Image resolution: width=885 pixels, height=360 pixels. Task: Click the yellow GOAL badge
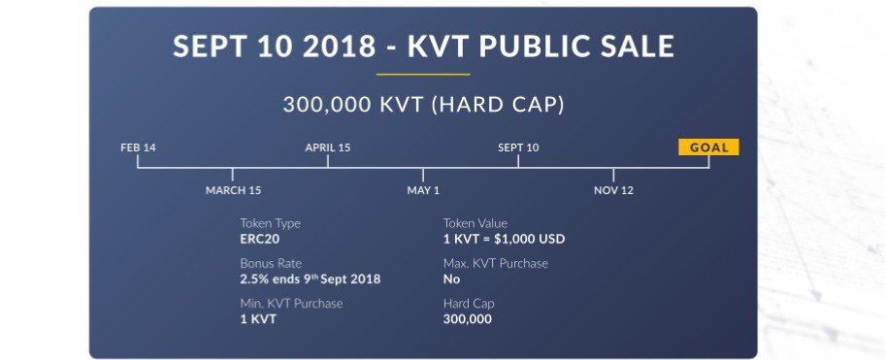(x=708, y=147)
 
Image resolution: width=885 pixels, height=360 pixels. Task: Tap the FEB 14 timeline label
(x=138, y=147)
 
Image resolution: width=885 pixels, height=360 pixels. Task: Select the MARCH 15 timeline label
(x=233, y=190)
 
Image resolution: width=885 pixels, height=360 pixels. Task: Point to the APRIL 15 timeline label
(x=328, y=147)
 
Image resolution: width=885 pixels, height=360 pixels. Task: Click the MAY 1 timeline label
(x=423, y=190)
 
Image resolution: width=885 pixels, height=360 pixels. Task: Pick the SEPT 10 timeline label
(x=518, y=147)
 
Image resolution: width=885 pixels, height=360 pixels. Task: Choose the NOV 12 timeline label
(x=613, y=190)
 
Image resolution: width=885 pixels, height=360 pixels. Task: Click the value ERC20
(x=260, y=239)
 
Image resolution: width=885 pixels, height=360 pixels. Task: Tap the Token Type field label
(x=271, y=223)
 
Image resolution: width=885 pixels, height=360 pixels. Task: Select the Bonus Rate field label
(x=271, y=264)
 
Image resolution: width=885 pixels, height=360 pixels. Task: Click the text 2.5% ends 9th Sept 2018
(x=310, y=278)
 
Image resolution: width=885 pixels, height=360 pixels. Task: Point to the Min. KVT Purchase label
(x=291, y=304)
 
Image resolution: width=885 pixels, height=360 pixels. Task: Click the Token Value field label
(x=475, y=223)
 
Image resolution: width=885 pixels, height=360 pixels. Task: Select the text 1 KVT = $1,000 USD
(x=504, y=239)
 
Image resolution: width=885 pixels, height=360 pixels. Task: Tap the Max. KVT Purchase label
(x=496, y=264)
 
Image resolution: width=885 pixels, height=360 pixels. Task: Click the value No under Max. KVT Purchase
(x=451, y=278)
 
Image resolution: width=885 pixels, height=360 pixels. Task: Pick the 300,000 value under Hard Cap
(x=468, y=319)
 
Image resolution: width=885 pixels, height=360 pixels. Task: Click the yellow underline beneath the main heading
(x=423, y=74)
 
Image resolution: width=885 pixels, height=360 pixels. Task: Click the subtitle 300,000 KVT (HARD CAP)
(x=423, y=105)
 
